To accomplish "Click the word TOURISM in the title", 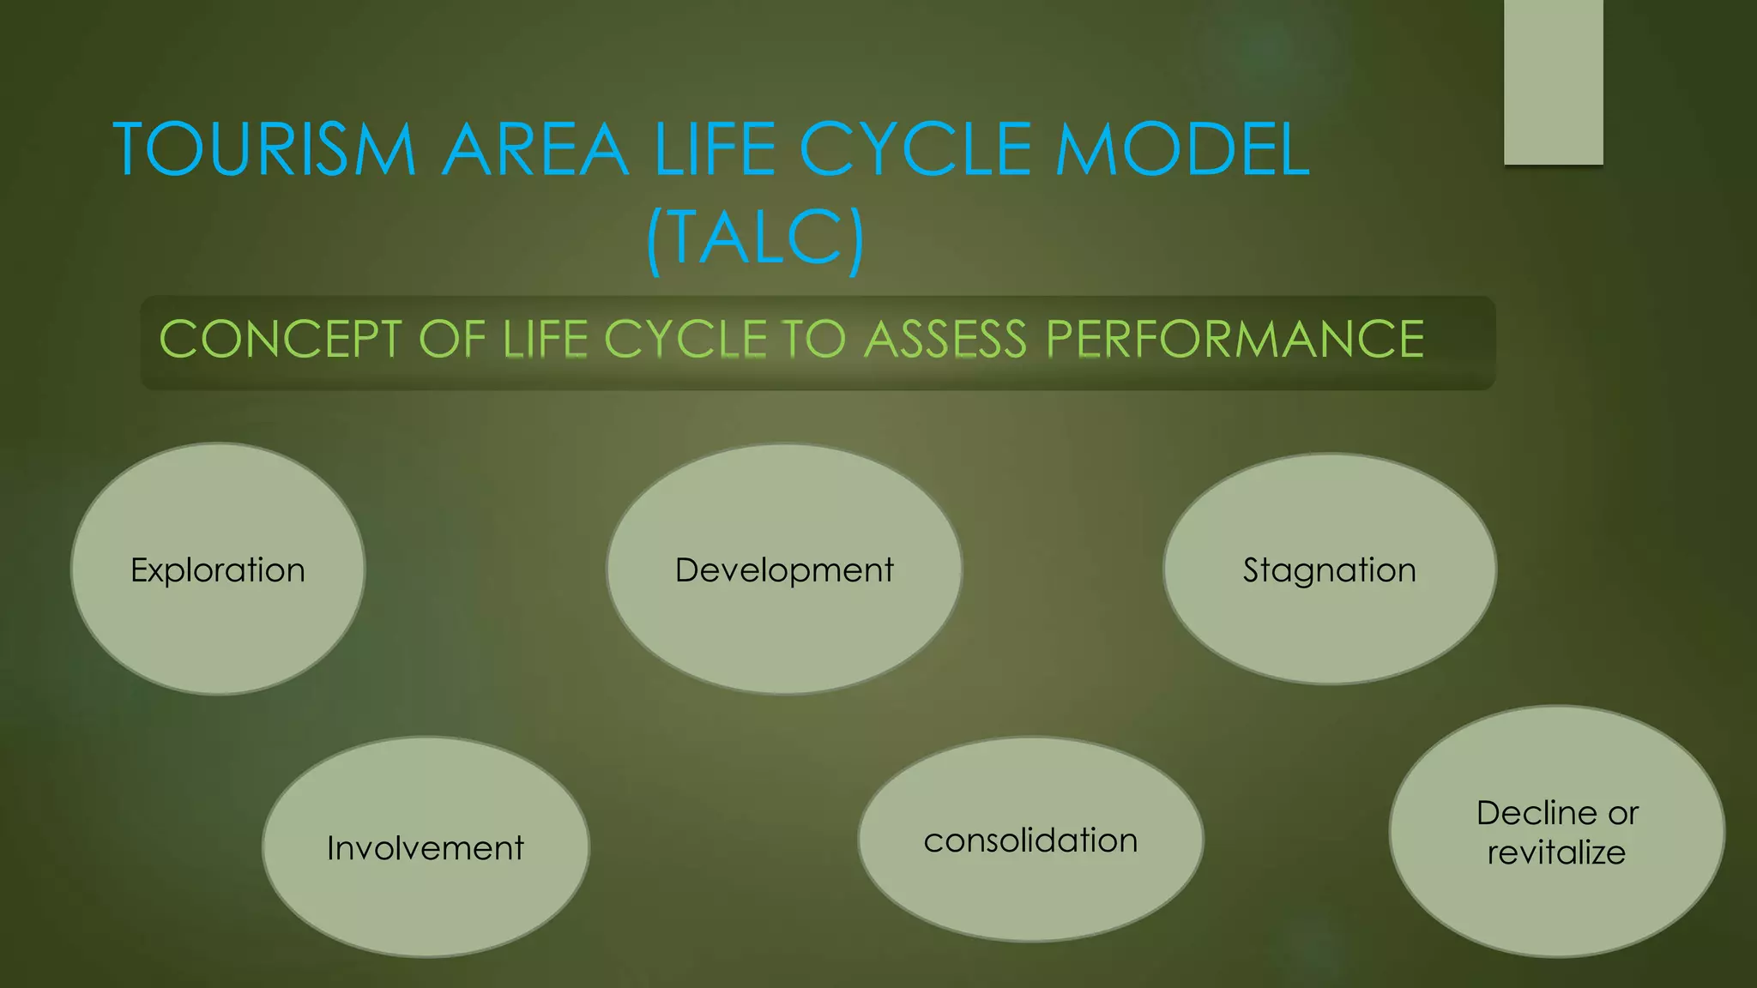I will coord(264,150).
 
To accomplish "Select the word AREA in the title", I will coord(535,150).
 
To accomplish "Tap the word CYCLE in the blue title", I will coord(915,150).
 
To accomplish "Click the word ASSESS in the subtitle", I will coord(945,339).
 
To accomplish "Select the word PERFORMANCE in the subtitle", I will coord(1235,339).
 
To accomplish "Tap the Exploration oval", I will coord(218,569).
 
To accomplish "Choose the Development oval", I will coord(784,569).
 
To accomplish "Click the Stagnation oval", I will coord(1329,569).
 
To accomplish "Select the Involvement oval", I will coord(426,847).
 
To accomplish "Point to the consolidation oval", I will coord(1030,840).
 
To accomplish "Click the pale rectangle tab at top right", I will coord(1553,81).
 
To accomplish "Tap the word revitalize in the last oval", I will coord(1556,853).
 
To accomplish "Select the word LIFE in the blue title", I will coord(715,150).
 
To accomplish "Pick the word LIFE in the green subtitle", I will coord(546,339).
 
